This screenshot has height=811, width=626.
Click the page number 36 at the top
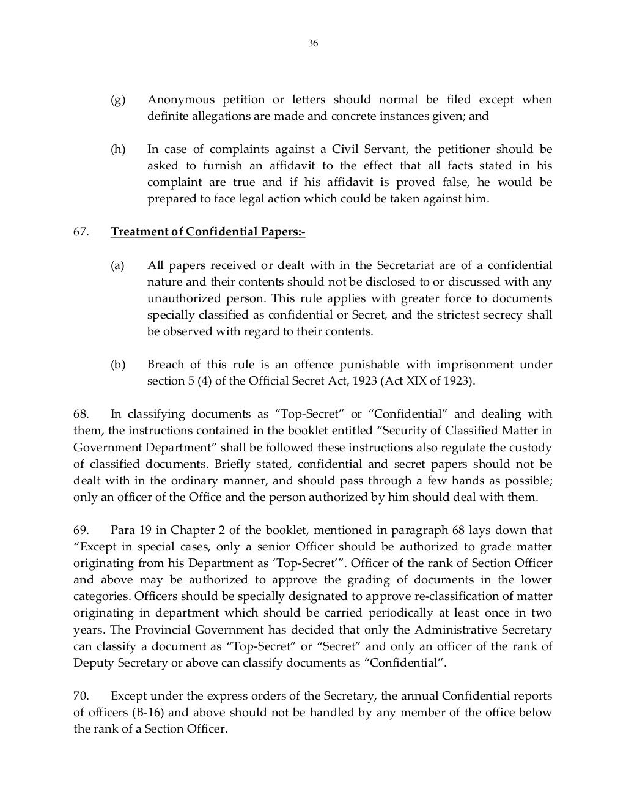(x=313, y=43)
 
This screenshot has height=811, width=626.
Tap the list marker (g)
(x=117, y=100)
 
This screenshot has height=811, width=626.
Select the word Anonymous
(x=181, y=100)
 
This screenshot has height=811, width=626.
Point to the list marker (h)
(x=117, y=149)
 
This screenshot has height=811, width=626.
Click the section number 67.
(x=81, y=232)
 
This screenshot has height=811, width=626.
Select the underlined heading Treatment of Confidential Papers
(x=208, y=232)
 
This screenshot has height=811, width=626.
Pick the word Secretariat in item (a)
(x=407, y=265)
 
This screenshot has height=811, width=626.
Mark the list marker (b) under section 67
(x=117, y=365)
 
